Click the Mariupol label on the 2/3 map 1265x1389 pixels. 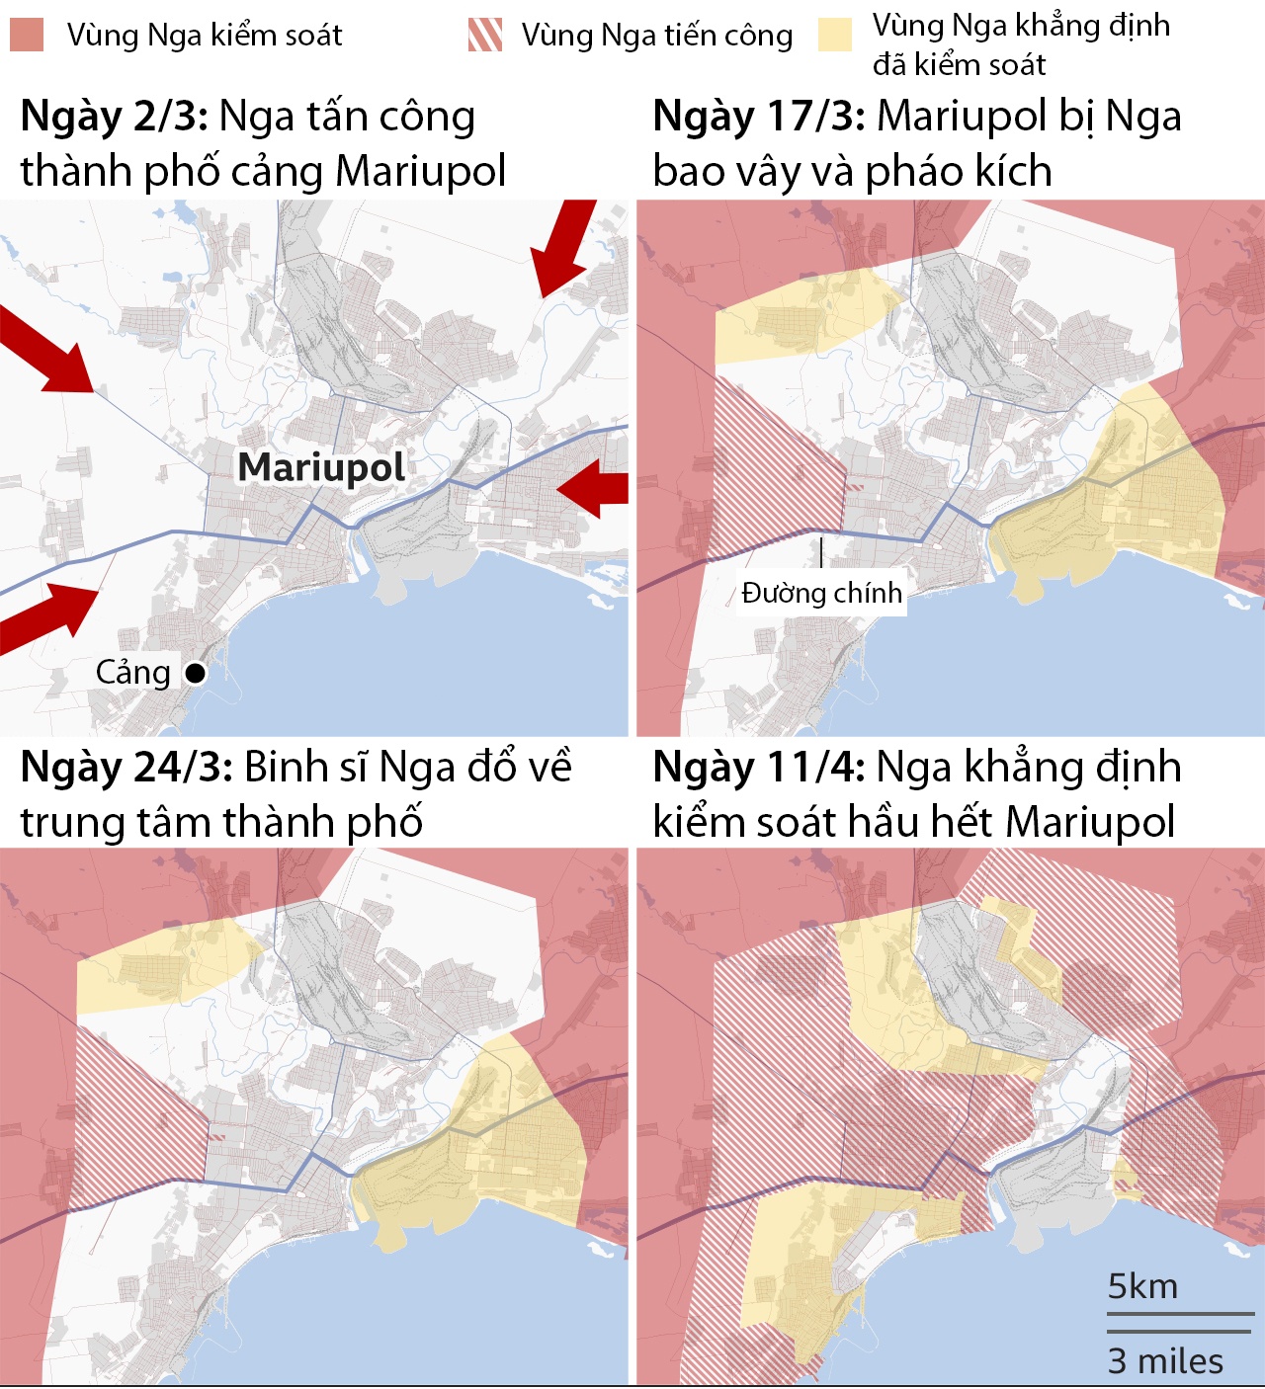click(x=321, y=467)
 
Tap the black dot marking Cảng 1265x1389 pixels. click(x=196, y=673)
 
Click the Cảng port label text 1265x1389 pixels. click(x=133, y=673)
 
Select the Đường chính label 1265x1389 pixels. click(x=821, y=593)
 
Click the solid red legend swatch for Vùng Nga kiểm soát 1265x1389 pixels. click(x=27, y=35)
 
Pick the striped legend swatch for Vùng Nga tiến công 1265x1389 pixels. click(x=484, y=35)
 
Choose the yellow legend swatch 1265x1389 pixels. click(x=835, y=35)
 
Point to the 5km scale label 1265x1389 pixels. click(x=1142, y=1286)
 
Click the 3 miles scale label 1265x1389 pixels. click(x=1165, y=1360)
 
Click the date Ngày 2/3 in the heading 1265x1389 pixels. click(x=114, y=117)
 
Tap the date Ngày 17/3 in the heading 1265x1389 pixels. click(x=759, y=117)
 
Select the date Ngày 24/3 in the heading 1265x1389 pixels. click(x=126, y=767)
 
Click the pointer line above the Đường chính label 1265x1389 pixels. click(x=821, y=551)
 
